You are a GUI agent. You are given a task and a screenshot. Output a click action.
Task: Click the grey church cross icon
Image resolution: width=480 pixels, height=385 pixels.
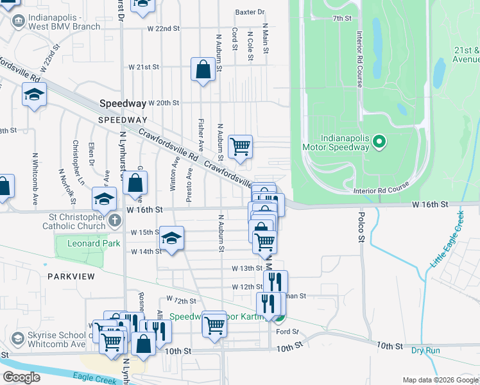tap(115, 221)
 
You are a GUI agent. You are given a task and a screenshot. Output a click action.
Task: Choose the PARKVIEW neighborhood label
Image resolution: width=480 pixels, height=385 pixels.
tap(71, 276)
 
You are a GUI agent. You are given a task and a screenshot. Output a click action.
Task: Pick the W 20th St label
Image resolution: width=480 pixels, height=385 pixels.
tap(164, 103)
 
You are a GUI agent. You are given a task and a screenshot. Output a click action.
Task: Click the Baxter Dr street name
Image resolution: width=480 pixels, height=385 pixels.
tap(250, 12)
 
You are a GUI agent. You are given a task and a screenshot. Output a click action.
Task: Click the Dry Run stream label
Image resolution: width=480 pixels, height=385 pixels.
tap(425, 350)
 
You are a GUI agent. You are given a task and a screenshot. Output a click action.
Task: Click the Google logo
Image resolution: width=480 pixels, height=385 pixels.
tap(21, 377)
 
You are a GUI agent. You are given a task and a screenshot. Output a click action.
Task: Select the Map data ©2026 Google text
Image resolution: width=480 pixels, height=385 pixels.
tap(440, 380)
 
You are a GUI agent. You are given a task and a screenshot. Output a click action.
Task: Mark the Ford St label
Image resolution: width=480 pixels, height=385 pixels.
tap(287, 331)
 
